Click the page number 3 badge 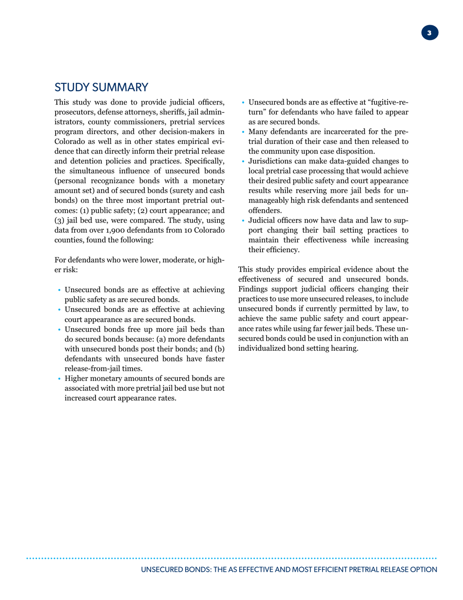[429, 33]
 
